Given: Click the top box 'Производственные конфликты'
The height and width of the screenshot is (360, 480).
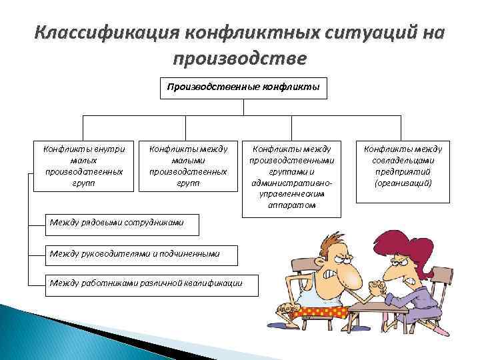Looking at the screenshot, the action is tap(243, 87).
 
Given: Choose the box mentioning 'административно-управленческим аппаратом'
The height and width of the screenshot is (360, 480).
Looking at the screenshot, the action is tap(292, 178).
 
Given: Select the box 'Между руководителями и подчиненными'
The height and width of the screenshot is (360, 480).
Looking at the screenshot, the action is tap(133, 253).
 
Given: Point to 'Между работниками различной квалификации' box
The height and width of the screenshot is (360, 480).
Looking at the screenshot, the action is tap(145, 283).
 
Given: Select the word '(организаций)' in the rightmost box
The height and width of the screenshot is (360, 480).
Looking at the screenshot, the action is tap(403, 182).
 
